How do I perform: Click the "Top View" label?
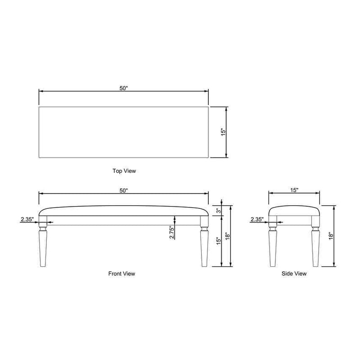pos(124,171)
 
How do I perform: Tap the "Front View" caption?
pos(121,274)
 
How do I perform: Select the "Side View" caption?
pos(294,274)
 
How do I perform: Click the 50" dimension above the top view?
pos(123,88)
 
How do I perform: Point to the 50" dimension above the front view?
pos(123,190)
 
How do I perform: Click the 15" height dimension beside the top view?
pos(223,132)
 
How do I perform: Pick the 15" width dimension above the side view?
pos(294,190)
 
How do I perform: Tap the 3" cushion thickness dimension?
pos(219,210)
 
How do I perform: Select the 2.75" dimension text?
pos(172,232)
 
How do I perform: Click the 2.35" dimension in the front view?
pos(27,219)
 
